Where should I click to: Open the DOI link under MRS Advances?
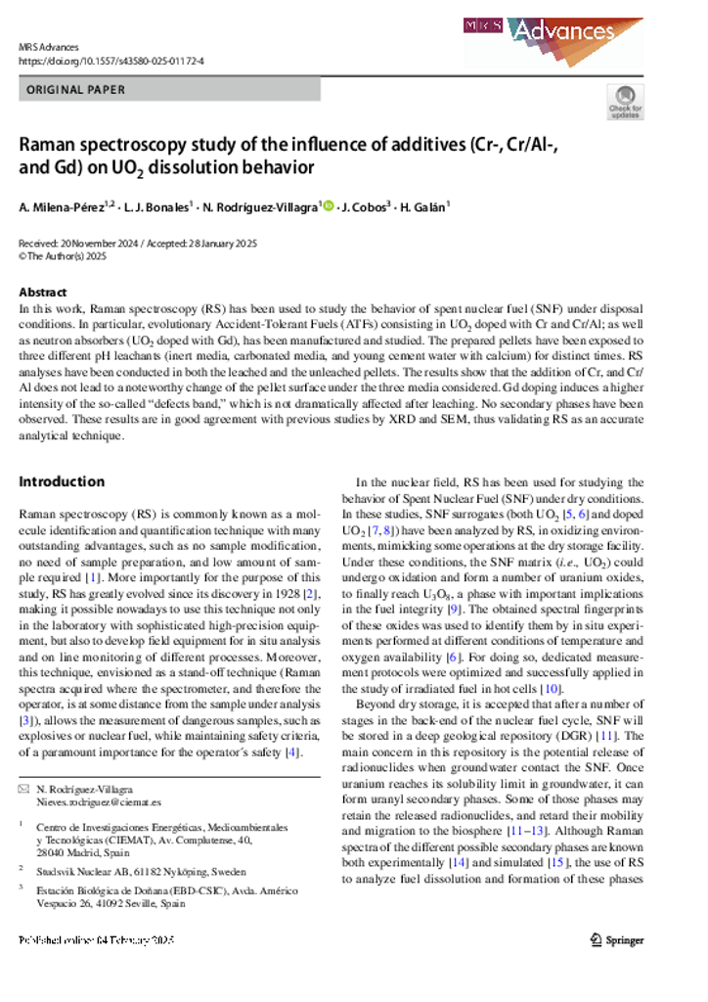pyautogui.click(x=111, y=61)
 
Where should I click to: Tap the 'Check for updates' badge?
pyautogui.click(x=625, y=101)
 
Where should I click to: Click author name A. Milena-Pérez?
pyautogui.click(x=66, y=206)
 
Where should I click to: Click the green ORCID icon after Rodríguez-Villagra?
pyautogui.click(x=329, y=206)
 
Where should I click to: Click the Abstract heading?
pyautogui.click(x=43, y=293)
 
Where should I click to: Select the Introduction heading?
pyautogui.click(x=62, y=481)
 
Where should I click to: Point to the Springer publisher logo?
pyautogui.click(x=617, y=940)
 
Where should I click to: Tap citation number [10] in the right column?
pyautogui.click(x=578, y=690)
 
